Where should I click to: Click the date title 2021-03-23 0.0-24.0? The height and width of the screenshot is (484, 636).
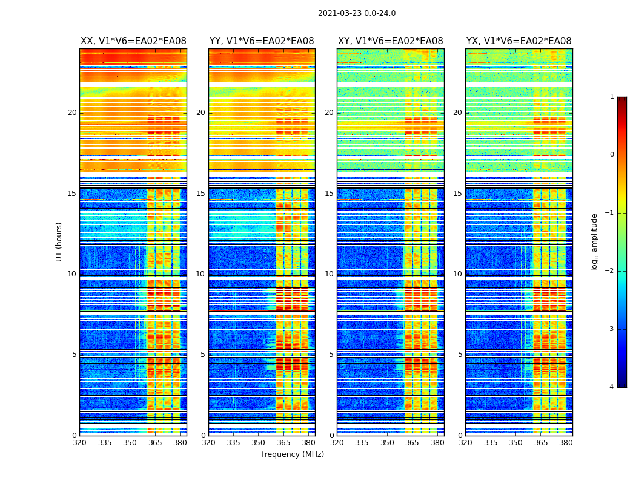click(356, 13)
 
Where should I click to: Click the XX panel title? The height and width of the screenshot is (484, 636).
click(133, 41)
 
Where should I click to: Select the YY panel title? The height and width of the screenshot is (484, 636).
click(262, 41)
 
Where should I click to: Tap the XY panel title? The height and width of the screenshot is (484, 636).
click(390, 41)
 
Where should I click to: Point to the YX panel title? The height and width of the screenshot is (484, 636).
click(518, 41)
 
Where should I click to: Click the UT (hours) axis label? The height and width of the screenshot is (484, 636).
click(59, 241)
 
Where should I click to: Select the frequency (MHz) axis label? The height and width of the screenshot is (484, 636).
click(293, 454)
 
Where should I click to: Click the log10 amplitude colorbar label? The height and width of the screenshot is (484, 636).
click(595, 241)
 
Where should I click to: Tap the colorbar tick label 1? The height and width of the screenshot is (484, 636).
click(611, 97)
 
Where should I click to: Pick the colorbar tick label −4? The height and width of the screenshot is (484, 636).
click(609, 387)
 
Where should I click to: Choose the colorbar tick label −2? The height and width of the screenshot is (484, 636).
click(609, 271)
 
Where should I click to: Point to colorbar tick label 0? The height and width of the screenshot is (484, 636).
click(611, 155)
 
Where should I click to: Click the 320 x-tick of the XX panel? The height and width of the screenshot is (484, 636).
click(80, 443)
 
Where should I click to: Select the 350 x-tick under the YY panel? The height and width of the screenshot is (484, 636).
click(259, 443)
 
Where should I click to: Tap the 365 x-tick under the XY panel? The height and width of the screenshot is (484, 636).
click(412, 443)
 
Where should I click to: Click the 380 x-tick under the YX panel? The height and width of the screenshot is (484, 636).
click(566, 443)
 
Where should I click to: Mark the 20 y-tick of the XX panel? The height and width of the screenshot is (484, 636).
click(72, 113)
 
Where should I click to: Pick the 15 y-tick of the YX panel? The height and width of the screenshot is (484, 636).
click(458, 194)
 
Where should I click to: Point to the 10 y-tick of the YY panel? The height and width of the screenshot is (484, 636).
click(200, 274)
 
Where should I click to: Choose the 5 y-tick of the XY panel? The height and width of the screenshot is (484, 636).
click(331, 355)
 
